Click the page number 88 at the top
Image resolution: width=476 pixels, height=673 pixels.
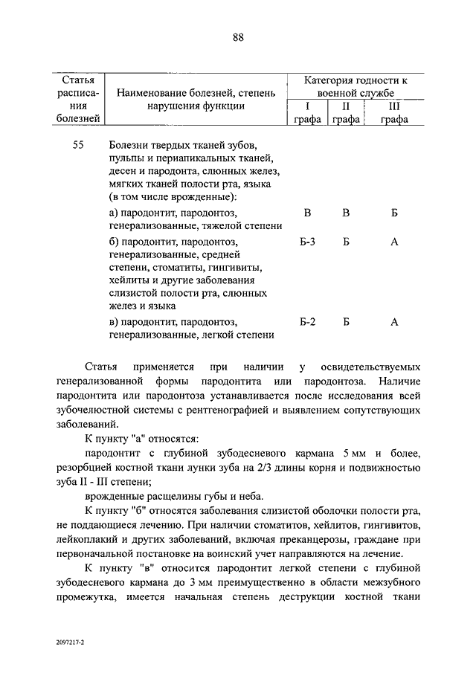[x=238, y=38]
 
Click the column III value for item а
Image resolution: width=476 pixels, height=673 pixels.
[x=395, y=213]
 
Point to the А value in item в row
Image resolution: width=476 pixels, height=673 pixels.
[x=395, y=321]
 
